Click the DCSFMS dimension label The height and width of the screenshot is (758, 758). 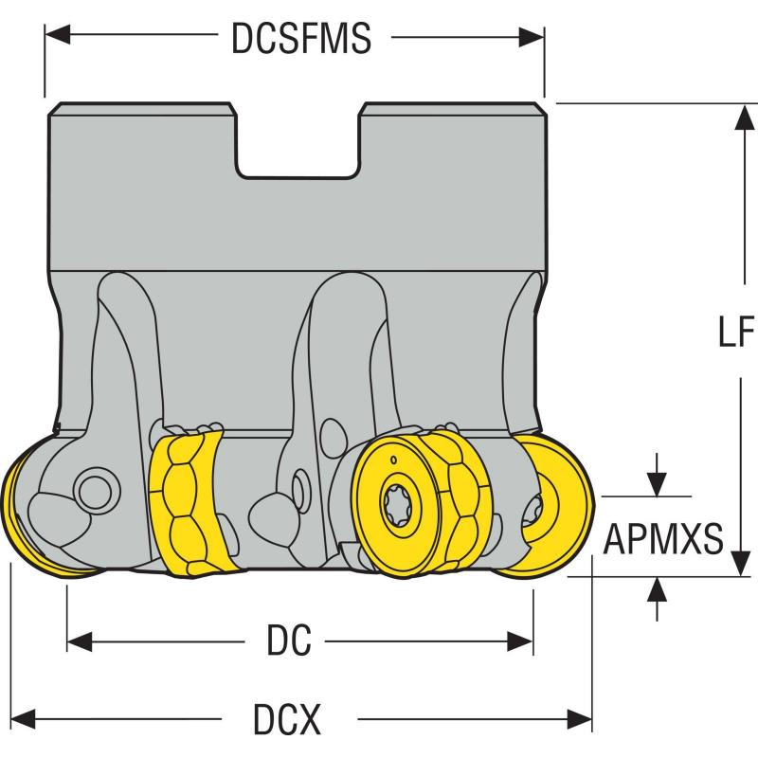300,39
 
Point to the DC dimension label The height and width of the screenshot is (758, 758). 289,642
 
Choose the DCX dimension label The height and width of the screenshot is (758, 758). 287,721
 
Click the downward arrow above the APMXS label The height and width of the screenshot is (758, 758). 656,482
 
